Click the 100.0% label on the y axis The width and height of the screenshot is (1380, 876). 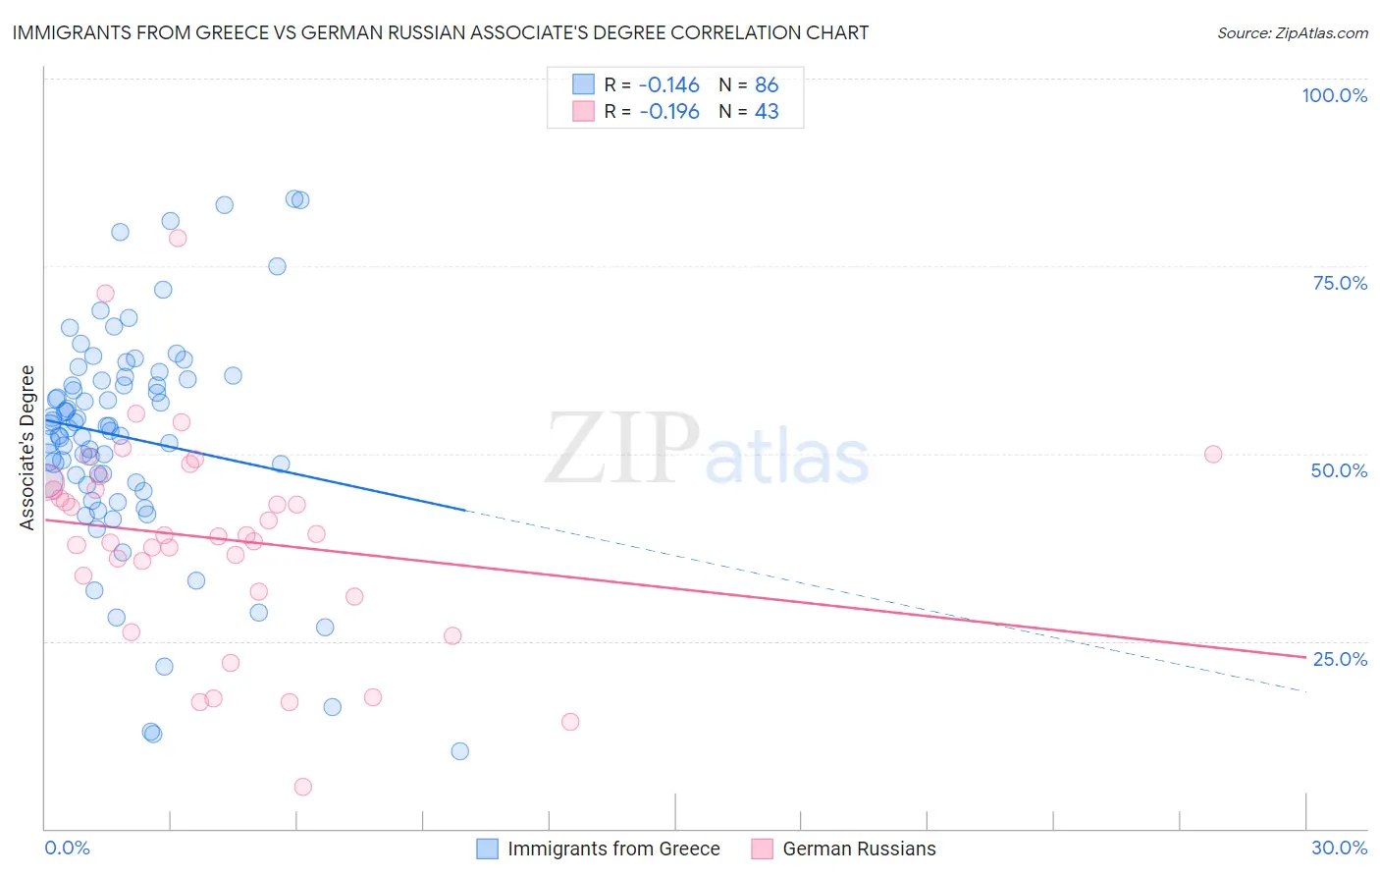1334,95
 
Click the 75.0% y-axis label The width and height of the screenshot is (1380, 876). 1340,283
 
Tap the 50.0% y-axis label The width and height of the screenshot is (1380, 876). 1339,470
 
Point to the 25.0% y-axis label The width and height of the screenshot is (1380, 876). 1340,659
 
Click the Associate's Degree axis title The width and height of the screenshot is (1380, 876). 27,448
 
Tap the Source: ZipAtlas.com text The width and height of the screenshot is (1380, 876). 1292,32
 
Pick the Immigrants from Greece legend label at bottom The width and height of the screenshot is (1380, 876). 613,849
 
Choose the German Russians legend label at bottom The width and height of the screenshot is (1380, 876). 859,849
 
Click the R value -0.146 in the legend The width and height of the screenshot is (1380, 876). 669,84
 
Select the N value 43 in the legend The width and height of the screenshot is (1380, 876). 767,111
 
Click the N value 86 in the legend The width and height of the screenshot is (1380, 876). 767,84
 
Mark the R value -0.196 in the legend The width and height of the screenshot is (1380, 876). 669,111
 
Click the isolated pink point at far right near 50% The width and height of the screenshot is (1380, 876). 1213,454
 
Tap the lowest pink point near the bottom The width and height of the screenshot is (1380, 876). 302,787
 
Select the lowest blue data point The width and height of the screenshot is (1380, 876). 459,751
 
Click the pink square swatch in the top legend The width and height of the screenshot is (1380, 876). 583,111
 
